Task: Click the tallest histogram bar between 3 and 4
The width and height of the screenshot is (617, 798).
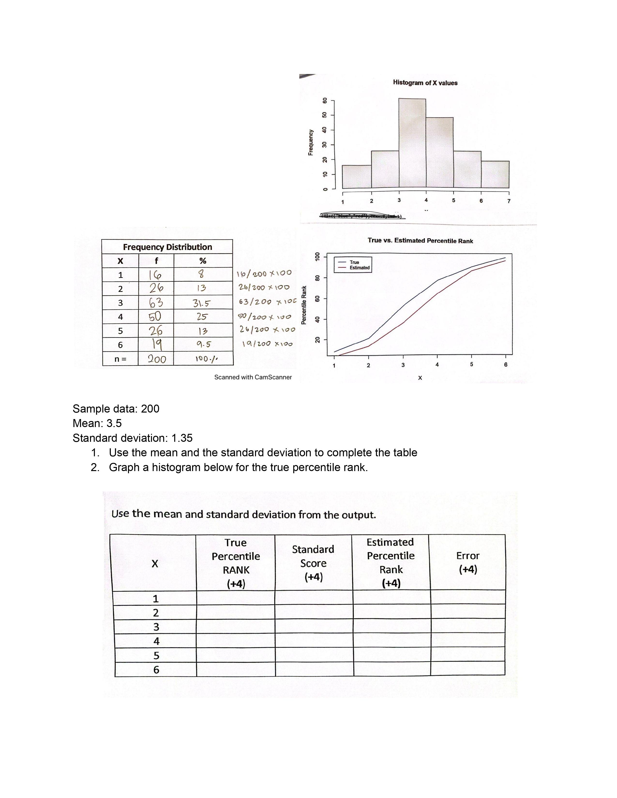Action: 412,143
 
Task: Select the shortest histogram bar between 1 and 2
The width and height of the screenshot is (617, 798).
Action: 357,177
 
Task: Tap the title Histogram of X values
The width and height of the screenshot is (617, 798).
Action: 425,83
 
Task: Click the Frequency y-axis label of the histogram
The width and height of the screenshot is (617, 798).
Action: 311,142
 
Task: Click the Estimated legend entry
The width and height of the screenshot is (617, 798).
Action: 359,268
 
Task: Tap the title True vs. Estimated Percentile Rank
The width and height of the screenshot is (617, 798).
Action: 420,241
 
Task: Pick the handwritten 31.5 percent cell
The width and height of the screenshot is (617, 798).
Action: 201,303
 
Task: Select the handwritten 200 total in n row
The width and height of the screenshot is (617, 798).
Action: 157,359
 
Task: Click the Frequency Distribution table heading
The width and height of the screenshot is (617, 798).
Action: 167,247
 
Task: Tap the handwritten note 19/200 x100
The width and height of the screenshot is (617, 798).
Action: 267,344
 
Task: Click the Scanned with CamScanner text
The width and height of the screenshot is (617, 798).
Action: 253,377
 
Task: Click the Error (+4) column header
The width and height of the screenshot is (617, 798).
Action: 467,563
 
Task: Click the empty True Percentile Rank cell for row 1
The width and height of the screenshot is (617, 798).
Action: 235,598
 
